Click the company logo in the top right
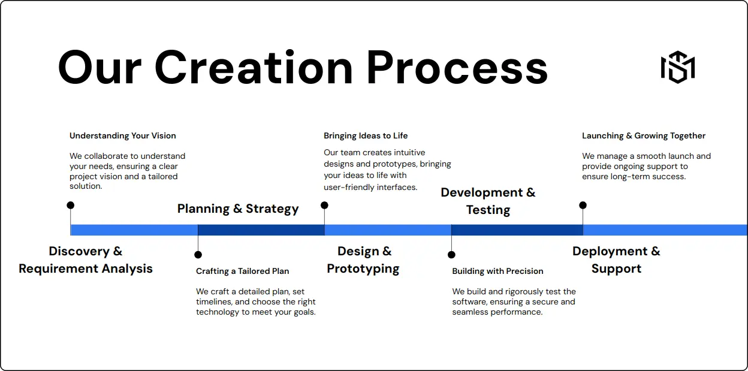(677, 67)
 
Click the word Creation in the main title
(254, 67)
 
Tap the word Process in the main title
(457, 67)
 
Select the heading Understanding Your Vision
(123, 135)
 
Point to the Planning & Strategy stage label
(238, 209)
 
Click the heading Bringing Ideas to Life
(366, 135)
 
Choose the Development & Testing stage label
(488, 201)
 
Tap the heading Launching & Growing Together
(644, 135)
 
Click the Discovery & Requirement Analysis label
(86, 260)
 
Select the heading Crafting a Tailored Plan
(242, 271)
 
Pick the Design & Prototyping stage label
(364, 260)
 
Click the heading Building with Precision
(497, 271)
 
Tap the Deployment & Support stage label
(616, 260)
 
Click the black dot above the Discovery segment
(71, 205)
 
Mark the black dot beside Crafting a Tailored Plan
(198, 255)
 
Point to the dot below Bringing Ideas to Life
(324, 205)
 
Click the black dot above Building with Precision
(451, 255)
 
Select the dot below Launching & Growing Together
(583, 205)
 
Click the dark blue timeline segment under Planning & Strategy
(261, 230)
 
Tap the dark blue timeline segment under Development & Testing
(517, 230)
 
